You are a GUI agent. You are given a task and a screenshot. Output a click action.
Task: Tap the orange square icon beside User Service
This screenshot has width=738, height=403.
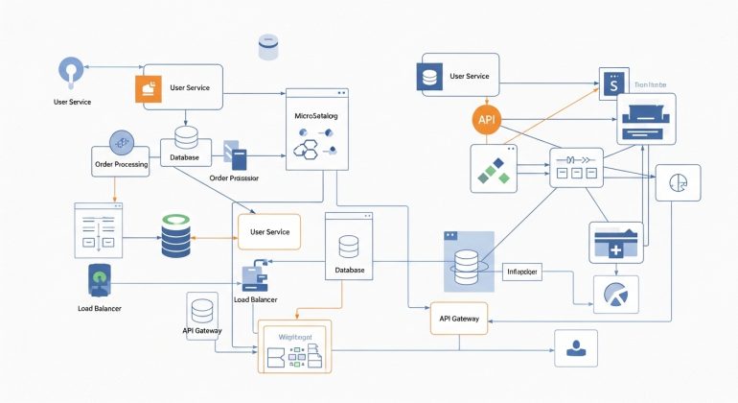(x=148, y=88)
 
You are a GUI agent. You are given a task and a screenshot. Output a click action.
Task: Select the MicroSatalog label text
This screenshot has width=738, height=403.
(x=318, y=116)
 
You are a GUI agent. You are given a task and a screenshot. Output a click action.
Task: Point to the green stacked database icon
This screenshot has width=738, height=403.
(x=175, y=235)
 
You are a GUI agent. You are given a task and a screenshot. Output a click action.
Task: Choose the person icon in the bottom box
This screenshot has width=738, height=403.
(x=576, y=347)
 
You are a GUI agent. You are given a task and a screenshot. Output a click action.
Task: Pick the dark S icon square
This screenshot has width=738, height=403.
(x=611, y=84)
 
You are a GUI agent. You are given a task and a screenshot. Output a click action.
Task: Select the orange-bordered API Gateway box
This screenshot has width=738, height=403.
(x=458, y=318)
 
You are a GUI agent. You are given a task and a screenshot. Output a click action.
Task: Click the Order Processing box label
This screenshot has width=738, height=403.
(x=121, y=164)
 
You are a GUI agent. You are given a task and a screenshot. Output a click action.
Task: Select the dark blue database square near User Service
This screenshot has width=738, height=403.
(x=430, y=76)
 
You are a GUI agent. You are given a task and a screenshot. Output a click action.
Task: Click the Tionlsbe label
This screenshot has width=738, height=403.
(x=653, y=83)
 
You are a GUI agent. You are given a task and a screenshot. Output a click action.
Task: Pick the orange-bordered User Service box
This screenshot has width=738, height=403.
(x=269, y=232)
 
